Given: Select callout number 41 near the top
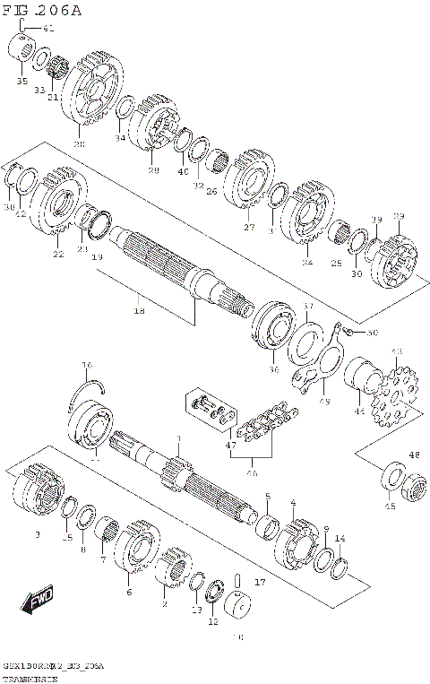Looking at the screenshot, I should click(47, 29).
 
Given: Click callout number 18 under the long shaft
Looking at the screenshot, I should click(139, 310).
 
